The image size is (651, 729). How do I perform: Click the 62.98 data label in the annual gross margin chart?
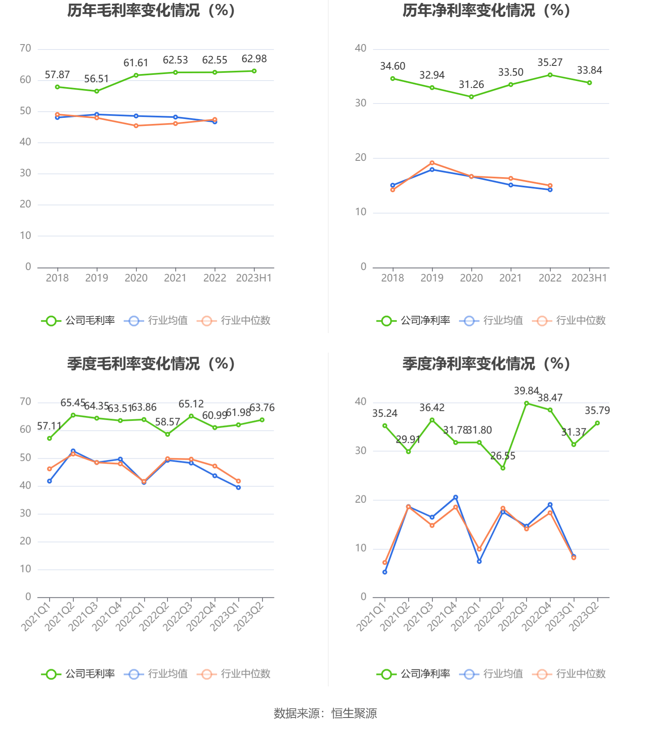pos(254,59)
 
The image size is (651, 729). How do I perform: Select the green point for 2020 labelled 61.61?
pos(136,75)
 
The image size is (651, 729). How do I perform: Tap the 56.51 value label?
pos(96,79)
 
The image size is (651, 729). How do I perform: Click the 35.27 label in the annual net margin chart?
pos(550,63)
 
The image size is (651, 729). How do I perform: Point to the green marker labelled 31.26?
pos(471,97)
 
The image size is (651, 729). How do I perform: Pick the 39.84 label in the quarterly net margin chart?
pos(526,391)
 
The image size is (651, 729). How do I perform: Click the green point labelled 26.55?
pos(503,468)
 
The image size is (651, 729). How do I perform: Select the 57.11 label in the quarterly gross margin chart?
pos(49,426)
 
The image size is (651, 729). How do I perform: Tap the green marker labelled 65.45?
pos(73,415)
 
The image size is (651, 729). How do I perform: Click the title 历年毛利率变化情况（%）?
pos(151,11)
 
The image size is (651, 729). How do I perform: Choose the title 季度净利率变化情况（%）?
pos(486,364)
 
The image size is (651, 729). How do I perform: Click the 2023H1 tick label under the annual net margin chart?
pos(589,278)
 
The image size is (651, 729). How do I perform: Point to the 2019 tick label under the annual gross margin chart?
pos(97,278)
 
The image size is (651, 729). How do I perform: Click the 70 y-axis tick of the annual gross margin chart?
pos(25,49)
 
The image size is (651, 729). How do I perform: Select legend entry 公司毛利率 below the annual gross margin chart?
pos(78,321)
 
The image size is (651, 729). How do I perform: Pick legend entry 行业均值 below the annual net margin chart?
pos(491,321)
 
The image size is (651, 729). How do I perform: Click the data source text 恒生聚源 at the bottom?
pos(354,713)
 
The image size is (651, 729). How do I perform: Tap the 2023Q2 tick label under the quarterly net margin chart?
pos(584,616)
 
